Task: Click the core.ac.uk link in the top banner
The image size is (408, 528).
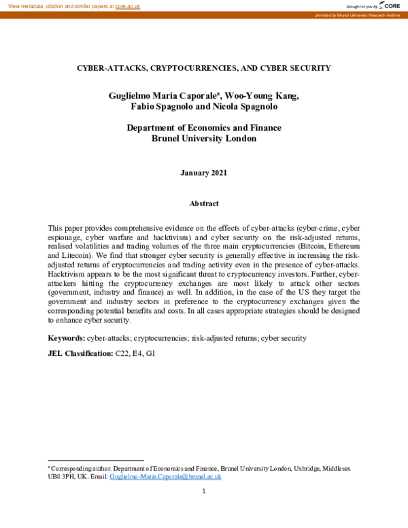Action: point(127,5)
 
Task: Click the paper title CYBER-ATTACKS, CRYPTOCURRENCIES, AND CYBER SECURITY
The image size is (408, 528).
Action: point(203,68)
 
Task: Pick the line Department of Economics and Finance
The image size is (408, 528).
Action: point(204,128)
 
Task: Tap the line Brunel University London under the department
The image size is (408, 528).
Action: point(204,139)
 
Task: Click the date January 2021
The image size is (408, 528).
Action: point(204,173)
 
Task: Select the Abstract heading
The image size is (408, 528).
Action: point(204,203)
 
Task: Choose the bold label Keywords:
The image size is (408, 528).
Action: point(66,337)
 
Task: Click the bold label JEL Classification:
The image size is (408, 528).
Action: point(80,354)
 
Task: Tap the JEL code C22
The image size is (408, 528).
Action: point(122,354)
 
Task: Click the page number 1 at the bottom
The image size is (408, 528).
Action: point(203,491)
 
